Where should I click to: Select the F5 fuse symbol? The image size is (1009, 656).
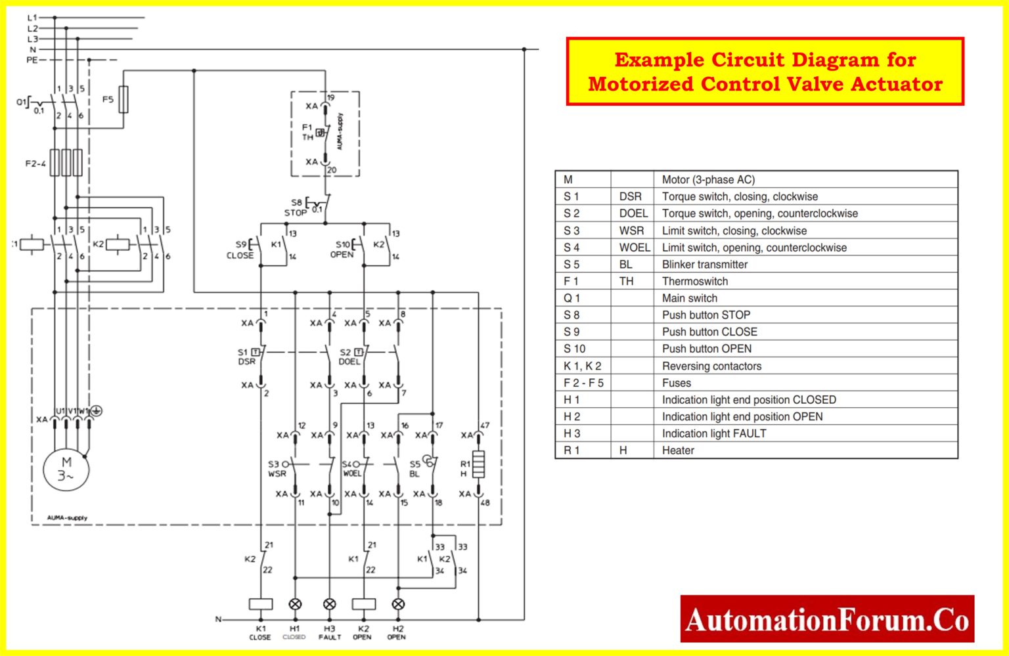click(123, 99)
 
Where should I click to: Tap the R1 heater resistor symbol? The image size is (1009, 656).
click(479, 464)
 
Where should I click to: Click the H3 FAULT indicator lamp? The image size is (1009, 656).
click(330, 604)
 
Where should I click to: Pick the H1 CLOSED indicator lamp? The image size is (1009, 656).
click(295, 604)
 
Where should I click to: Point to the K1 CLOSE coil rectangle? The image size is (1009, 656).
click(261, 604)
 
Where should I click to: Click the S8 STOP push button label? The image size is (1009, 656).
click(296, 208)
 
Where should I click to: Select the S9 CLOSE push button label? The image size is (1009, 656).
click(240, 250)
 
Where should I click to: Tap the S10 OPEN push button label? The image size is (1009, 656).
click(342, 250)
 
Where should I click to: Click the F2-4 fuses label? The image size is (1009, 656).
click(35, 164)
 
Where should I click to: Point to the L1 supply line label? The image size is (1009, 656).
click(32, 18)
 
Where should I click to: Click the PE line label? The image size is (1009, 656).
click(32, 60)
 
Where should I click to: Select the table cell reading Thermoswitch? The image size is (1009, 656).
click(694, 281)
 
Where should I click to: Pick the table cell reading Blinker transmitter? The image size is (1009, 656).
click(704, 265)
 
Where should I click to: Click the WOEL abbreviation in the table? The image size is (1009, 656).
click(634, 248)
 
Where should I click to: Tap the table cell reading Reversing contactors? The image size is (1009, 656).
click(711, 366)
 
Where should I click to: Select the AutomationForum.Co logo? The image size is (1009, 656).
click(826, 619)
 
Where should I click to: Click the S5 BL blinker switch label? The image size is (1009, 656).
click(415, 469)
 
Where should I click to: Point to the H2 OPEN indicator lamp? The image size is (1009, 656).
click(398, 604)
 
